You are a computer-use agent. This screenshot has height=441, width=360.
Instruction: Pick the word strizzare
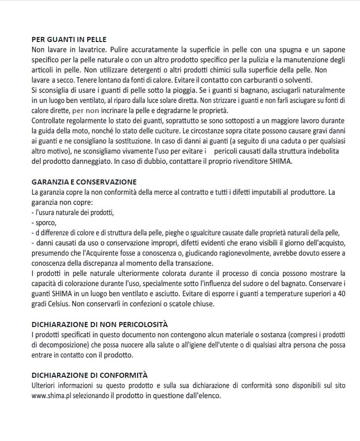pos(224,100)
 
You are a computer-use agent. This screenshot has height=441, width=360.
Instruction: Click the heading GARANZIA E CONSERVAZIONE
pos(84,182)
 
